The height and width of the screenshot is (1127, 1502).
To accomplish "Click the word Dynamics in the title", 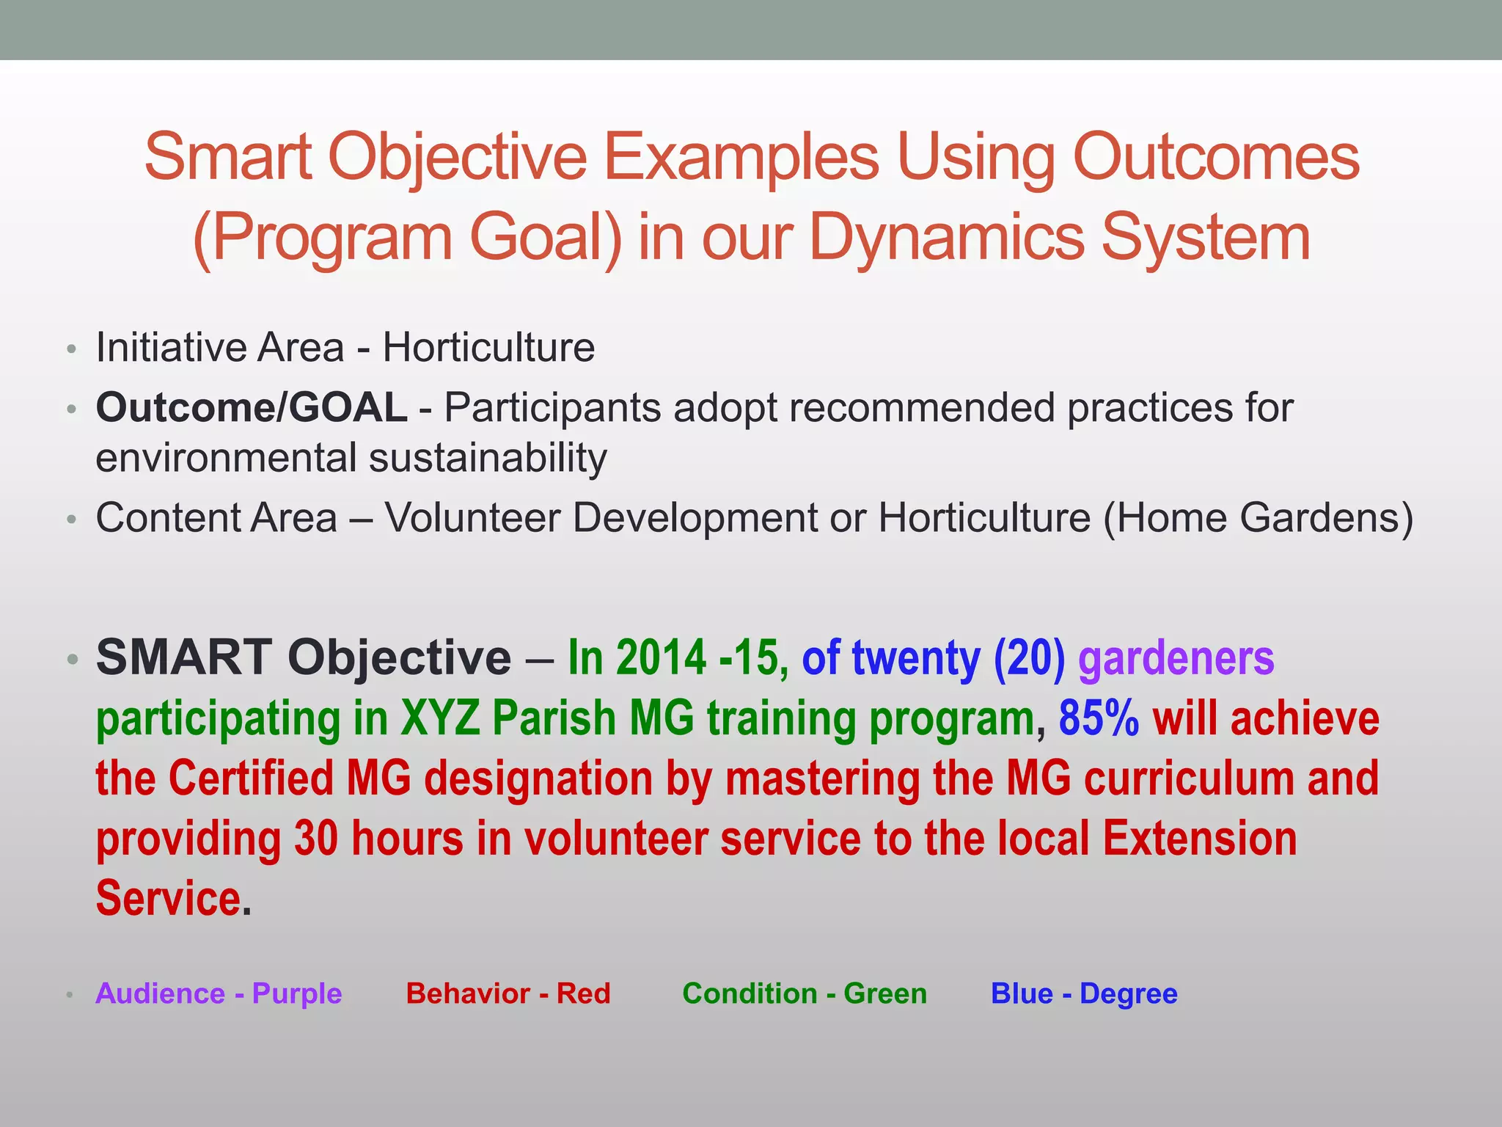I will (x=947, y=238).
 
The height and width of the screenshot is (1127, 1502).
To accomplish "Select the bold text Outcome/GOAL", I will (x=252, y=407).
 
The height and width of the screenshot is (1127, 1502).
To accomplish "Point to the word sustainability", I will (x=488, y=459).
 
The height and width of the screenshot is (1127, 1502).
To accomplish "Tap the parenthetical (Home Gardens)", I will (x=1258, y=518).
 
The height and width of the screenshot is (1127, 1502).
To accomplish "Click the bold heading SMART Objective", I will (x=304, y=657).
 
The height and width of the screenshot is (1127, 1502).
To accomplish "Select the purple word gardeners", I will (x=1176, y=658).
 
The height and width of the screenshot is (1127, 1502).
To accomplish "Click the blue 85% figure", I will (x=1098, y=718).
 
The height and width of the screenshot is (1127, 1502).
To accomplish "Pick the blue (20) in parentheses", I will (x=1029, y=658).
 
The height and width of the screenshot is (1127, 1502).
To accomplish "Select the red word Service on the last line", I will (x=169, y=899).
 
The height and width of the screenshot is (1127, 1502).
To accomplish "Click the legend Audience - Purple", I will (x=219, y=993).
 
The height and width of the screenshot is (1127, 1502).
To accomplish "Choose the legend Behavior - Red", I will (x=508, y=993).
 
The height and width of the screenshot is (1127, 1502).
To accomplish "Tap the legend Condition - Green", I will (x=805, y=993).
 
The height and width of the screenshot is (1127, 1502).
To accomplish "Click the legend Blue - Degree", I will (x=1084, y=993).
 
